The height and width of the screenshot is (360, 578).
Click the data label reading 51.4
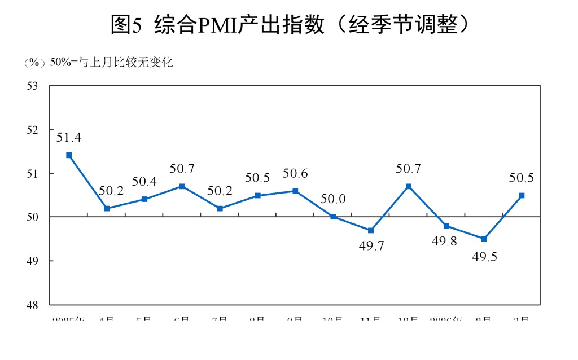[x=69, y=137]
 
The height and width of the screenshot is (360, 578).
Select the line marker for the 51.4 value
[x=69, y=155]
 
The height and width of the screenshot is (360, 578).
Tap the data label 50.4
[x=144, y=181]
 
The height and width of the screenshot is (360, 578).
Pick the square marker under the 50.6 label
[x=295, y=191]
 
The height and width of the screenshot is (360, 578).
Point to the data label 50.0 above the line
[x=333, y=199]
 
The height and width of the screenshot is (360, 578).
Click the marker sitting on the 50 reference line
[x=333, y=217]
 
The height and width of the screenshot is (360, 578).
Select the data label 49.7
[x=371, y=247]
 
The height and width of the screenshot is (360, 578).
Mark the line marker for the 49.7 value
[x=370, y=230]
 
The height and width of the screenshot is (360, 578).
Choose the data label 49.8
[x=446, y=242]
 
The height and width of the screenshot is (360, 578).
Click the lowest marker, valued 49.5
[x=484, y=239]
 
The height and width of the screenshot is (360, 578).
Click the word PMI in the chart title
[x=216, y=25]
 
